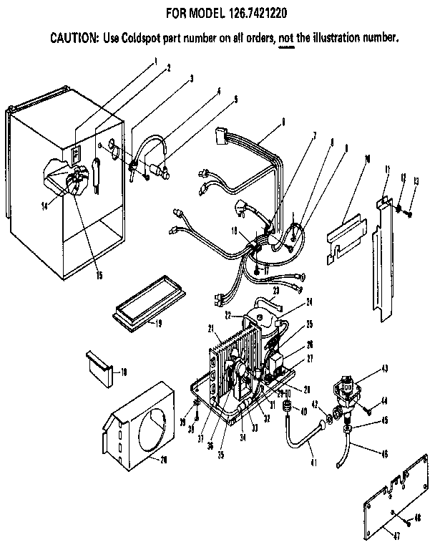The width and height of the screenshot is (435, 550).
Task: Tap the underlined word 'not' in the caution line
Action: point(286,36)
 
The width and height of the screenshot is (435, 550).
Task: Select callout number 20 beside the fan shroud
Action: point(164,459)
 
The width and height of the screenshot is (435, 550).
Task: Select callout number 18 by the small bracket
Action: point(124,372)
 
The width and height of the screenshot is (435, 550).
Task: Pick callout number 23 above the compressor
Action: point(275,290)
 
